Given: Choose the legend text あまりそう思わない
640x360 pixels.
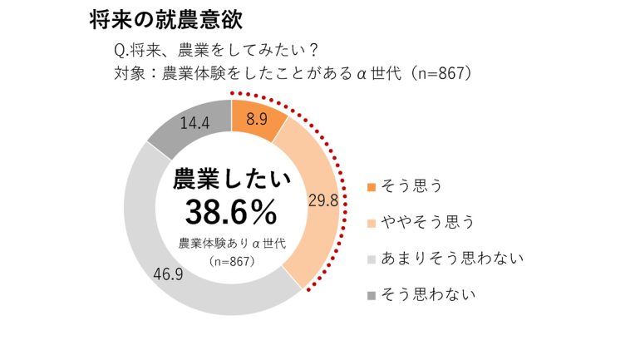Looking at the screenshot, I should pos(451,258).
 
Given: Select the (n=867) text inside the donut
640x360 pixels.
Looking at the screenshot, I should pos(230,261).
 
